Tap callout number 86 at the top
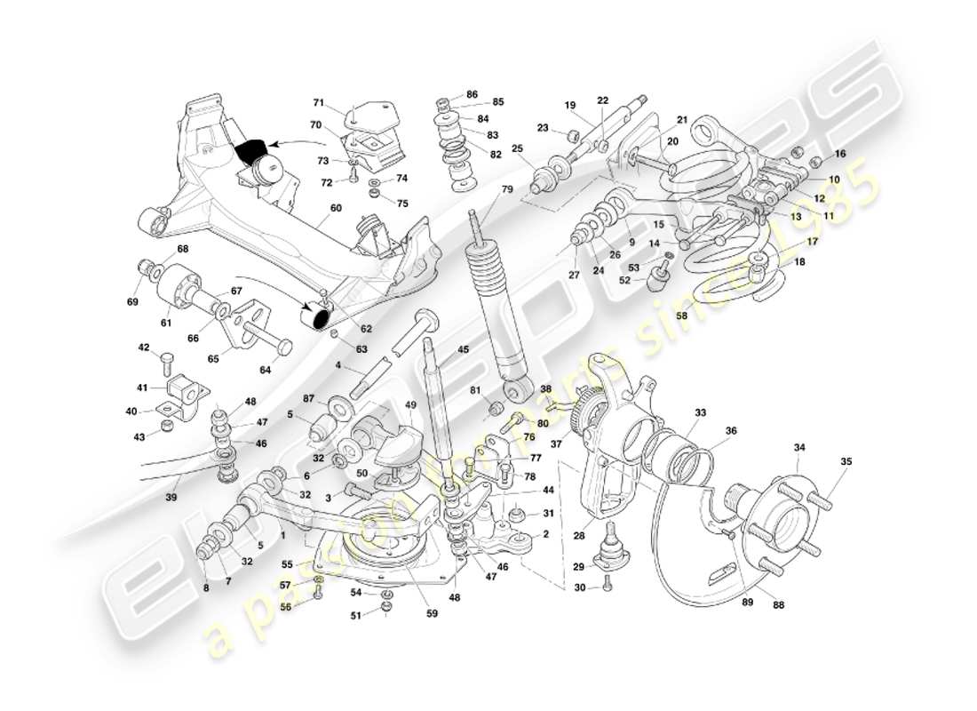click(x=472, y=94)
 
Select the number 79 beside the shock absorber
click(x=507, y=189)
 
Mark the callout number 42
click(x=143, y=348)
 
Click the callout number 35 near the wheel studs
click(x=845, y=461)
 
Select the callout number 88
click(x=780, y=607)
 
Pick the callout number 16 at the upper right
click(x=839, y=154)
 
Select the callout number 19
click(x=570, y=105)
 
